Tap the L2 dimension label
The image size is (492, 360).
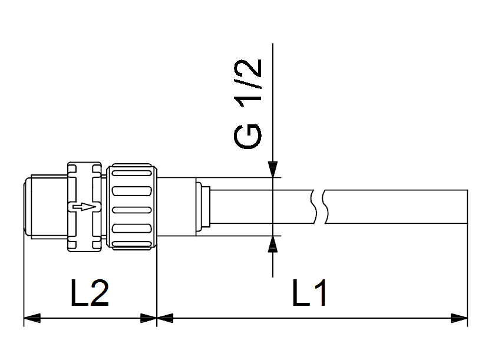tap(90, 293)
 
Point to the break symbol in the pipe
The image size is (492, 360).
tap(319, 207)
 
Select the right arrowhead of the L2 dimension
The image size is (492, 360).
tap(148, 319)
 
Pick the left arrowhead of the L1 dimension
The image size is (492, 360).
tap(166, 319)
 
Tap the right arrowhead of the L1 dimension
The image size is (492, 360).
tap(460, 319)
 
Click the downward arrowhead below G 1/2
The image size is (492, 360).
tap(273, 170)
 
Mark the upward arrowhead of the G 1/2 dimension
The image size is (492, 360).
tap(273, 243)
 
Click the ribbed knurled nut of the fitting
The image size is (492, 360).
tap(132, 207)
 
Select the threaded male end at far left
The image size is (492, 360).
tap(44, 207)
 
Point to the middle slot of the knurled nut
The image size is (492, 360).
tap(132, 209)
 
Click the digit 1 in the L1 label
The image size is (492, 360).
tap(322, 293)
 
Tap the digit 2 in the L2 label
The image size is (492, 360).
tap(98, 293)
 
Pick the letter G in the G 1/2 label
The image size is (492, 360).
tap(247, 136)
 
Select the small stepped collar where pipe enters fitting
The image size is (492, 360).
tap(202, 207)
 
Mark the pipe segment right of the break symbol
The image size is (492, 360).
tap(395, 207)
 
